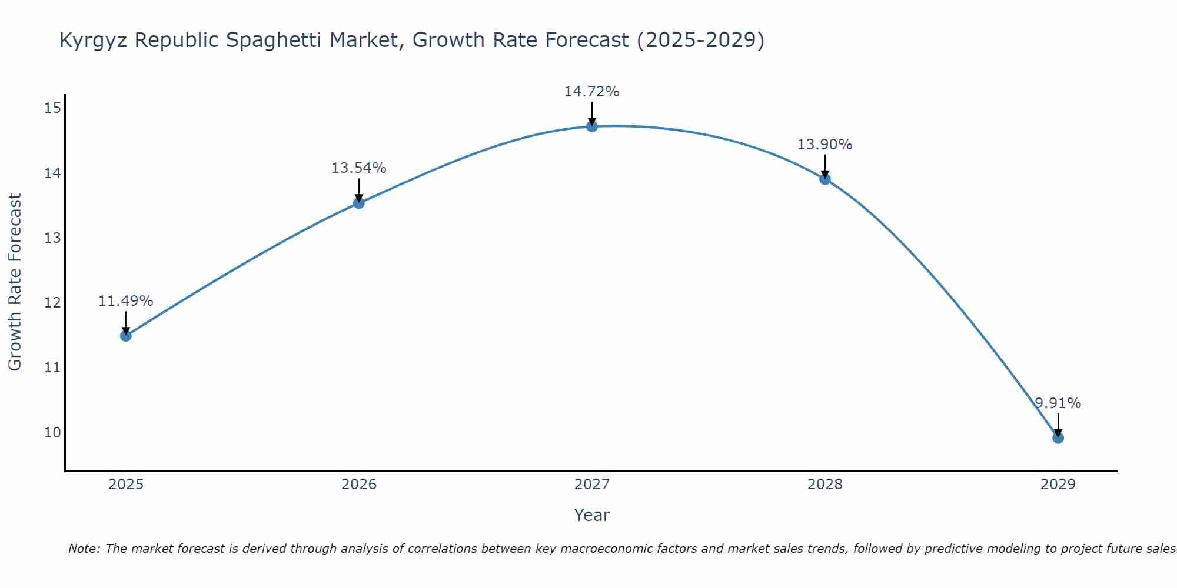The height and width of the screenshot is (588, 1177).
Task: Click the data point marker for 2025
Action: tap(125, 336)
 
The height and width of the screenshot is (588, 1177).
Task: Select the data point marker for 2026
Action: tap(359, 203)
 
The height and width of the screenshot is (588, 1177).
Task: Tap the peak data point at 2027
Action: tap(592, 126)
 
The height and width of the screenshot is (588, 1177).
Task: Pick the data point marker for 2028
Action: tap(825, 179)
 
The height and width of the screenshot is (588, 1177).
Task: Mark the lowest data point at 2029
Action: tap(1058, 438)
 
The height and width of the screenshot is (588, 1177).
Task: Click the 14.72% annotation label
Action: tap(591, 92)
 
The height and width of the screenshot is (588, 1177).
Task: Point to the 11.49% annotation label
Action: tap(125, 301)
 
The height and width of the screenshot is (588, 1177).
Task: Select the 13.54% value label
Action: tap(358, 168)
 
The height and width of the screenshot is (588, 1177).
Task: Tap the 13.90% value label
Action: tap(824, 145)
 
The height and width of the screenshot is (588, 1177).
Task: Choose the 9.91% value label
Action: tap(1058, 403)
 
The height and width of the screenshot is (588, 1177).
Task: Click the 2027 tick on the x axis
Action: tap(592, 485)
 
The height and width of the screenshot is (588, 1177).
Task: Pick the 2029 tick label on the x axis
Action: tap(1058, 485)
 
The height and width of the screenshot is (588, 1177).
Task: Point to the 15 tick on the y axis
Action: tap(52, 108)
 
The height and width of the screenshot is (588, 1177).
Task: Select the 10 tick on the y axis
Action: tap(52, 433)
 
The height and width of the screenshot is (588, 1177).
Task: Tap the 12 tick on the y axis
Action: tap(52, 303)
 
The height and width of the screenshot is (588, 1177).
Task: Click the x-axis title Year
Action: tap(591, 515)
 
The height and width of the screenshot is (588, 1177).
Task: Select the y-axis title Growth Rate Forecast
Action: tap(15, 282)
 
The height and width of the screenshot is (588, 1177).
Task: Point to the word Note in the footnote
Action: tap(84, 549)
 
